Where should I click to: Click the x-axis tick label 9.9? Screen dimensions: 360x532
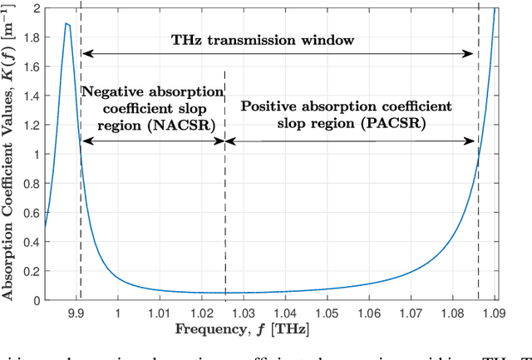pyautogui.click(x=81, y=313)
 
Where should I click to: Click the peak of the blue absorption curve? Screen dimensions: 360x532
pyautogui.click(x=66, y=24)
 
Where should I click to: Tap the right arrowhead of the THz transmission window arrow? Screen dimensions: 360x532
pyautogui.click(x=475, y=54)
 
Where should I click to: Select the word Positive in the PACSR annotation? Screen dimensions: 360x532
pyautogui.click(x=268, y=106)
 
